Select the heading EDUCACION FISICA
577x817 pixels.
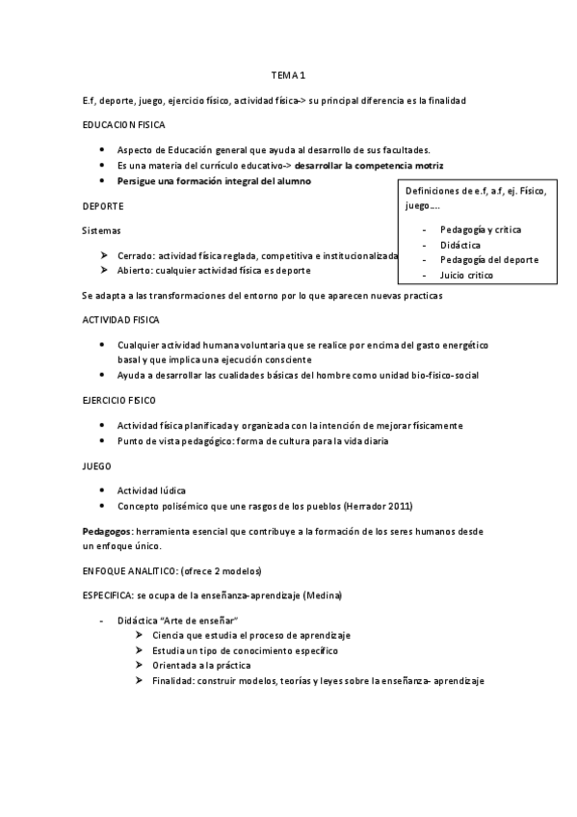pos(124,124)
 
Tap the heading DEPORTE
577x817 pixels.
pos(103,205)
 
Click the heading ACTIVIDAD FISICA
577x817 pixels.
pos(121,319)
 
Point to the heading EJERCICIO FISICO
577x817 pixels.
pos(119,399)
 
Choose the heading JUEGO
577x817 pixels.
pos(98,465)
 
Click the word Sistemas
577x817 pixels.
pos(102,230)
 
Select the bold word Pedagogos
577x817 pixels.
pos(108,531)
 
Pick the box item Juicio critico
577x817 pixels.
pos(466,275)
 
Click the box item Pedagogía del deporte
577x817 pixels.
pos(488,259)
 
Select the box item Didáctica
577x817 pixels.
pos(461,245)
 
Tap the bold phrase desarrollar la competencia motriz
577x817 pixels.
pos(369,165)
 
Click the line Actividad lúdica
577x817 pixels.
pos(151,490)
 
